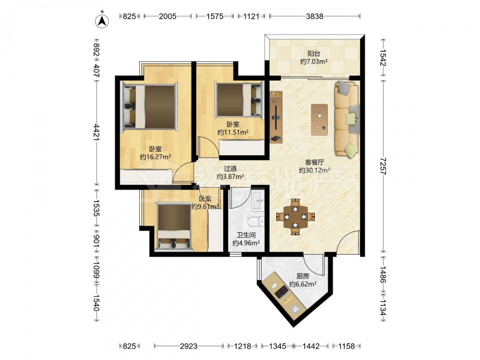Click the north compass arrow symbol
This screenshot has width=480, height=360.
pyautogui.click(x=102, y=21)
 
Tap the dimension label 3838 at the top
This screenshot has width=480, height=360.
pyautogui.click(x=314, y=16)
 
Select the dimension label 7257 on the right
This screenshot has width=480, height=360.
pyautogui.click(x=383, y=166)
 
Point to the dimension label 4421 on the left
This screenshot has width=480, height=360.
pyautogui.click(x=96, y=132)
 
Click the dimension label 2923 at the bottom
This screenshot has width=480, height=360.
pyautogui.click(x=189, y=346)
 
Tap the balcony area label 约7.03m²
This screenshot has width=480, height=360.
pyautogui.click(x=314, y=61)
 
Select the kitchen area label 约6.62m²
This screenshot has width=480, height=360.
pyautogui.click(x=303, y=284)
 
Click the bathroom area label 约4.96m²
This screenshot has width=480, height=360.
pyautogui.click(x=246, y=243)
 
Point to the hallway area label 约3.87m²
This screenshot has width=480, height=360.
pyautogui.click(x=230, y=176)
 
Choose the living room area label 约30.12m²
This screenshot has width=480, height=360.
pyautogui.click(x=314, y=170)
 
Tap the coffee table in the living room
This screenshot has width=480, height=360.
pyautogui.click(x=319, y=120)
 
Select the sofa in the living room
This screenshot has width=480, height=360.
pyautogui.click(x=347, y=120)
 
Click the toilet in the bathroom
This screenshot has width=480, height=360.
pyautogui.click(x=256, y=221)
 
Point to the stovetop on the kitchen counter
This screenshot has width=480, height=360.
pyautogui.click(x=282, y=291)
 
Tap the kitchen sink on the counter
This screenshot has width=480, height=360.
pyautogui.click(x=295, y=309)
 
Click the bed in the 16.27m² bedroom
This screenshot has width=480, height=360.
pyautogui.click(x=149, y=107)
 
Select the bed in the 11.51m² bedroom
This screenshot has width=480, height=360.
pyautogui.click(x=240, y=99)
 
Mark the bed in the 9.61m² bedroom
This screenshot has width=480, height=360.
pyautogui.click(x=174, y=227)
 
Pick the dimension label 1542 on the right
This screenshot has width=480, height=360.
pyautogui.click(x=383, y=58)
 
